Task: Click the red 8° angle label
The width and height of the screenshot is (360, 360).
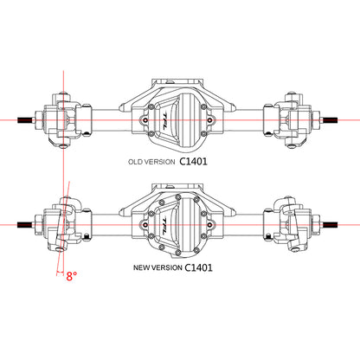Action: pyautogui.click(x=72, y=276)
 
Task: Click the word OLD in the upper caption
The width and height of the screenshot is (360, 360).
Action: pyautogui.click(x=135, y=162)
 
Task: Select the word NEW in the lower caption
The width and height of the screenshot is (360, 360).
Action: pyautogui.click(x=140, y=267)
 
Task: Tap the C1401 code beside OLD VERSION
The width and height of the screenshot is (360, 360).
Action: pyautogui.click(x=193, y=161)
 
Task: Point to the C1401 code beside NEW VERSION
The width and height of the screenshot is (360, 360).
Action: pyautogui.click(x=198, y=267)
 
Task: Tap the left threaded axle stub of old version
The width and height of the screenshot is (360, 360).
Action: pyautogui.click(x=26, y=120)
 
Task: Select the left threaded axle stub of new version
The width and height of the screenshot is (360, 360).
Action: pyautogui.click(x=26, y=225)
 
